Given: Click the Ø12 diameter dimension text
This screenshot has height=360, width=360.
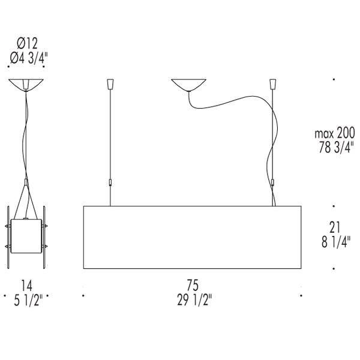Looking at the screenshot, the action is [27, 44].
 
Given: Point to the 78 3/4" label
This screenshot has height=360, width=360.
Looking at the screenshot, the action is [335, 147].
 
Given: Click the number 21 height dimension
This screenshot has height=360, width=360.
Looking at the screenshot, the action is [335, 227].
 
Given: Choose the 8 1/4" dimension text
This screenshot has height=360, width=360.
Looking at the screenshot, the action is [336, 242].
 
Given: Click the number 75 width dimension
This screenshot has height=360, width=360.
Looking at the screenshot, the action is [193, 285].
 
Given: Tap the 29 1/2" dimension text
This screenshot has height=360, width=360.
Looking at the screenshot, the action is [194, 299].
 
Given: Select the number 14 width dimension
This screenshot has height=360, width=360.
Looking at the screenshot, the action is [26, 286].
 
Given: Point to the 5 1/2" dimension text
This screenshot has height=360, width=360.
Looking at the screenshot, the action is [28, 300].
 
